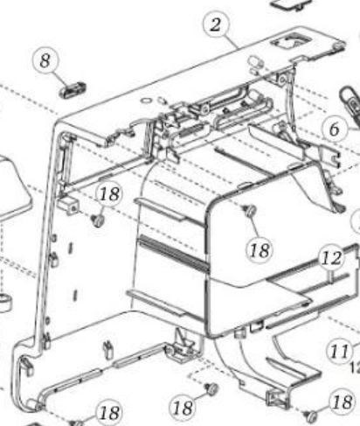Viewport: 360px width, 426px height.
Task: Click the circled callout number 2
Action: (x=216, y=24)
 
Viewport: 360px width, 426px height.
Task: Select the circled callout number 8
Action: (x=45, y=61)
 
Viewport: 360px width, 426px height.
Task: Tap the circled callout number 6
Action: (x=335, y=129)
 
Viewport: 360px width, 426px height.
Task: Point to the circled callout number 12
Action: (x=332, y=259)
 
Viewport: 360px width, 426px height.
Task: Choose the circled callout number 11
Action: (x=340, y=351)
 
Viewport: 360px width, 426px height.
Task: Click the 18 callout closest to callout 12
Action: (x=260, y=250)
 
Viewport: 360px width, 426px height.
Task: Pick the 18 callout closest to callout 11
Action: (x=343, y=402)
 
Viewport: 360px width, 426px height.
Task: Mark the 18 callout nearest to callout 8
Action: (x=109, y=194)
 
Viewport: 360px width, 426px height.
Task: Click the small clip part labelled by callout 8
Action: (x=73, y=89)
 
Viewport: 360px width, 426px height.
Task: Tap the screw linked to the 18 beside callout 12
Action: (x=249, y=211)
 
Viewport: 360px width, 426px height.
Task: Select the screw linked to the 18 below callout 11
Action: (x=310, y=416)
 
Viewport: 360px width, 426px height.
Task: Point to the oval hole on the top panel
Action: (x=146, y=101)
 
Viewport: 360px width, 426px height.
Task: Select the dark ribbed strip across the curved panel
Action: (x=174, y=253)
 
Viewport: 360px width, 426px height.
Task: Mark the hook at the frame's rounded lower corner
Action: (x=27, y=367)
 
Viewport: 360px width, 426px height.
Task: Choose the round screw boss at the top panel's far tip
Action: (x=338, y=45)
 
